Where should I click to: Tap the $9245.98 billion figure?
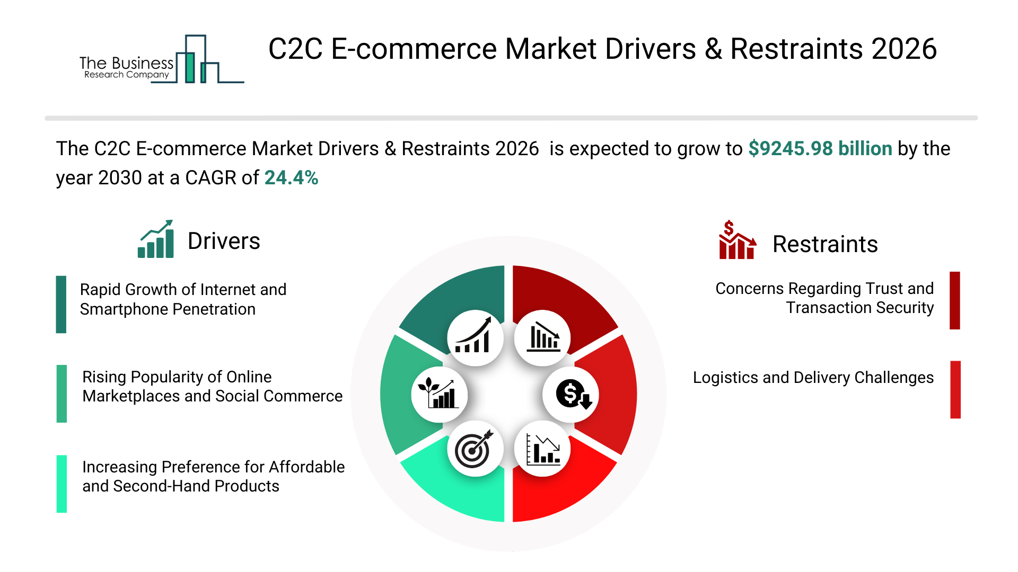coord(820,149)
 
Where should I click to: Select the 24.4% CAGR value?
coord(291,178)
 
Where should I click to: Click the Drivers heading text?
coord(224,242)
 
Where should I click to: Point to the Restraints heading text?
coord(824,245)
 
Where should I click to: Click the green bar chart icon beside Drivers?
coord(156,239)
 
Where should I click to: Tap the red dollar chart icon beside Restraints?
coord(736,240)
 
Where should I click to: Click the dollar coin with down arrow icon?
coord(572,395)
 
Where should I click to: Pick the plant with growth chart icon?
coord(438,394)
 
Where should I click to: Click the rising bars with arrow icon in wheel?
coord(475,338)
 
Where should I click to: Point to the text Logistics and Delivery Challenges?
coord(813,378)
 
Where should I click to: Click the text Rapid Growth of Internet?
coord(183,290)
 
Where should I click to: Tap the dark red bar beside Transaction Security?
coord(954,300)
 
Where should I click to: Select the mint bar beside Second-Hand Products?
coord(62,484)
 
